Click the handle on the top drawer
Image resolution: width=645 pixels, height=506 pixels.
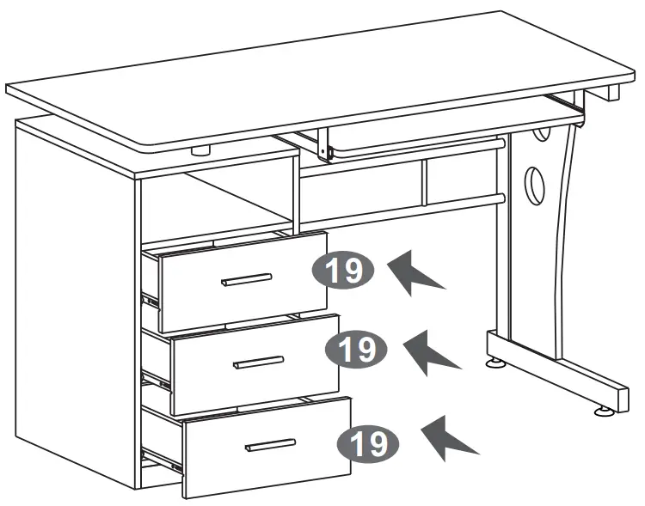coord(247,279)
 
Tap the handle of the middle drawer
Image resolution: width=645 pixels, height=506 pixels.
coord(259,363)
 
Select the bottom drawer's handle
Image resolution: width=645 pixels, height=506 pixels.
coord(270,445)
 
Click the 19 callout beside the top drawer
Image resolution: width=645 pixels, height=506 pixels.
coord(343,271)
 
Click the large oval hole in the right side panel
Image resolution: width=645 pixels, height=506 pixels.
coord(535,182)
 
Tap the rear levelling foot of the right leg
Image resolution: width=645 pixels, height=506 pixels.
coord(496,363)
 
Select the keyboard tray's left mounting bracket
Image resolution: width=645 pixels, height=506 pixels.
coord(324,145)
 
